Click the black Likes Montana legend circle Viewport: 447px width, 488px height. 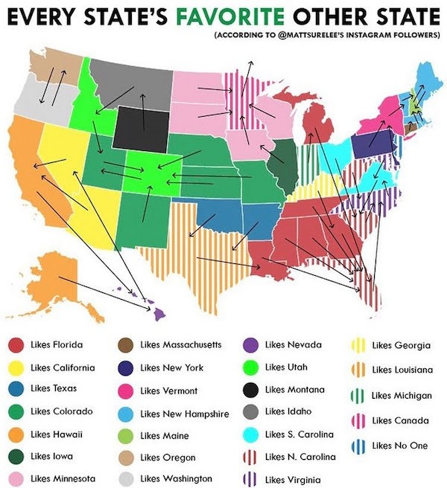pyautogui.click(x=252, y=390)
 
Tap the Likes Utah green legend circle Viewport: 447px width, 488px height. pyautogui.click(x=252, y=367)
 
